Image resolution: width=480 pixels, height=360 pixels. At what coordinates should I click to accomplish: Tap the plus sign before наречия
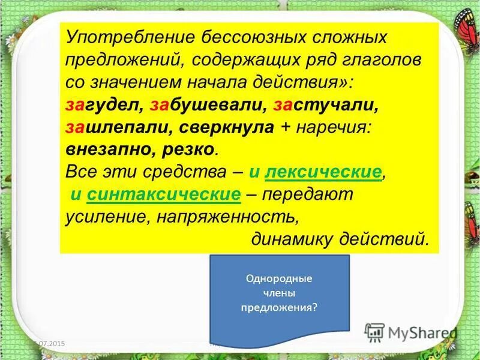click(x=286, y=127)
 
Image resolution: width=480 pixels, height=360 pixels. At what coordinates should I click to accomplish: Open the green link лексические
click(x=323, y=172)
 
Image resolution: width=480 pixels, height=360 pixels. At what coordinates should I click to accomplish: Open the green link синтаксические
click(x=164, y=194)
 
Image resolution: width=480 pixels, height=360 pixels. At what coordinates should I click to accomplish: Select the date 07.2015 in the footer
click(x=50, y=343)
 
